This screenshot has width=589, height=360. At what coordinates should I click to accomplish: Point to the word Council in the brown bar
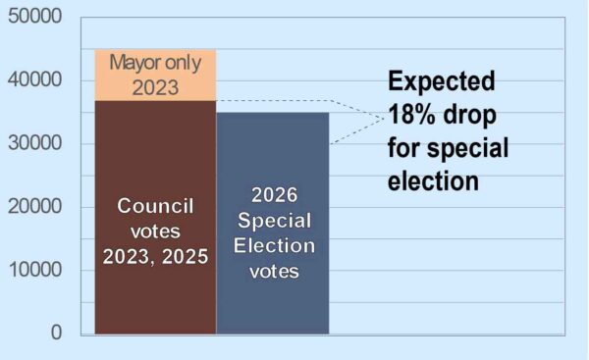tap(156, 206)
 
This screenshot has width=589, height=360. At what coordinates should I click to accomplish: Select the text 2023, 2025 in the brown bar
tap(156, 256)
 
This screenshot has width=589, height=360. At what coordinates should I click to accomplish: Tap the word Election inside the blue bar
tap(272, 245)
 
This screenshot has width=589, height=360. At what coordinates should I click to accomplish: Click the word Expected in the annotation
tap(441, 81)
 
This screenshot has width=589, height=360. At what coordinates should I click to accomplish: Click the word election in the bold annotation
tap(433, 181)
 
